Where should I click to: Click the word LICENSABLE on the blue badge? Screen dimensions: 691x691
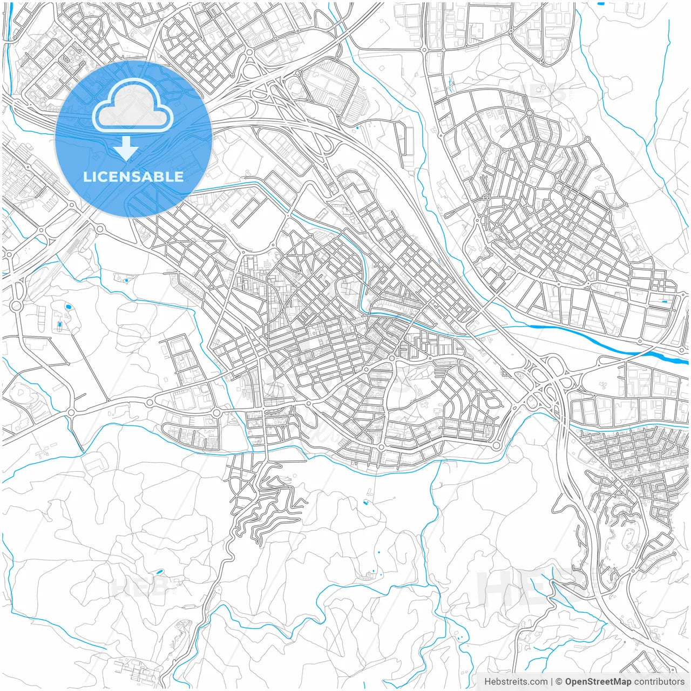point(133,177)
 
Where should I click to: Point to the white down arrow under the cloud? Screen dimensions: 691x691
point(126,148)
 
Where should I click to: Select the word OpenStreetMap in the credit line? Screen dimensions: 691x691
point(598,682)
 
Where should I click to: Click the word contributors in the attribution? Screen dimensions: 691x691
point(659,682)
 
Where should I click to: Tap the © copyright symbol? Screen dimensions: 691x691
point(559,682)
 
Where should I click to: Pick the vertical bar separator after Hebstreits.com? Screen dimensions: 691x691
point(551,682)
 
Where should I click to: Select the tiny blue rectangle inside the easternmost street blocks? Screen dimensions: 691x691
point(664,301)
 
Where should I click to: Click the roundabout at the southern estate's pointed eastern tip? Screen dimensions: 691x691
point(496,445)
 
